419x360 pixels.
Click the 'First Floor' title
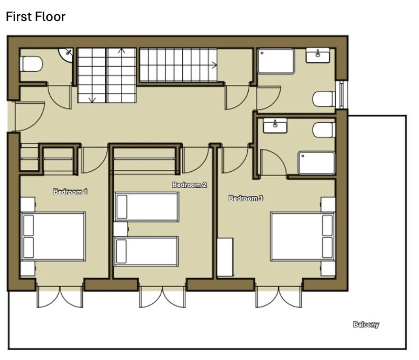[x=36, y=17]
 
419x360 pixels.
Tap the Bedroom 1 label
[x=70, y=192]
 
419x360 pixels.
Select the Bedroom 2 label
[x=190, y=185]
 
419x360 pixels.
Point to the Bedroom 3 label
[x=246, y=198]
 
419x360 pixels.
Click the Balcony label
[x=366, y=325]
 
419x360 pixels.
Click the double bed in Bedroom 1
[x=53, y=236]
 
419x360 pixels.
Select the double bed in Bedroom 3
[x=303, y=236]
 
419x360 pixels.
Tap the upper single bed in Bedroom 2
[x=147, y=207]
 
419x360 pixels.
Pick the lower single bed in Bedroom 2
[x=147, y=251]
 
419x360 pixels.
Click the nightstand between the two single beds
[x=121, y=229]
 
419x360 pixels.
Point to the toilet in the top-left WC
[x=31, y=63]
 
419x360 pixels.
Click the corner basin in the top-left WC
[x=66, y=54]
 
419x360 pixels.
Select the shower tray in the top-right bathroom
[x=276, y=61]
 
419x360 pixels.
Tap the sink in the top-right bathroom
[x=317, y=56]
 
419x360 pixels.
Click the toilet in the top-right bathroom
[x=324, y=99]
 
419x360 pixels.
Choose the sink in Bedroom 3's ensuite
[x=275, y=126]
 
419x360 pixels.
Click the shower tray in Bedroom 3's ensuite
[x=317, y=163]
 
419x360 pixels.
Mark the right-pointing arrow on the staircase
[x=214, y=64]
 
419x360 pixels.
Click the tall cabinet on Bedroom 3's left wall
[x=225, y=257]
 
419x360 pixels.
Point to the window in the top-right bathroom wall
[x=342, y=95]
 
